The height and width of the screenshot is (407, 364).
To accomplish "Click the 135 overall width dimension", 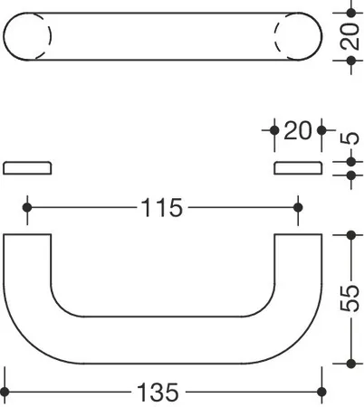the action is point(158,393).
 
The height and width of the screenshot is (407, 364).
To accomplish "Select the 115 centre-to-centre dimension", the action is point(162,208).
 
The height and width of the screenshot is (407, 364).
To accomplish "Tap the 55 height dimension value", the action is point(350,298).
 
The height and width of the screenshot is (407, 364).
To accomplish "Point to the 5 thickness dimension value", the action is point(350,138).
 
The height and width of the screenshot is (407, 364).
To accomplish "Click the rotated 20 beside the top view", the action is point(350,36).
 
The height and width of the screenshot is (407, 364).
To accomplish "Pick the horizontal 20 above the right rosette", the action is point(297,130).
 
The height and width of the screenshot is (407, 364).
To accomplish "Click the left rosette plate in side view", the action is point(27,168).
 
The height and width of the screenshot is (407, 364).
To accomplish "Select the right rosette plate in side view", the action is point(298,168).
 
